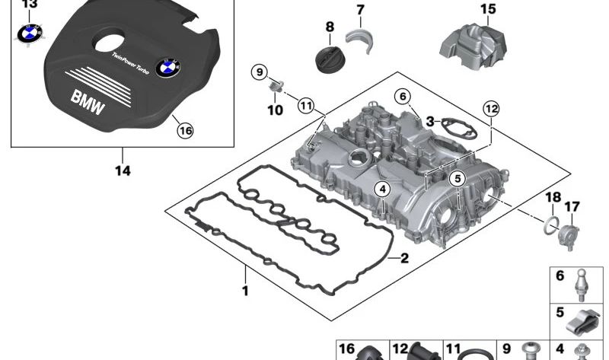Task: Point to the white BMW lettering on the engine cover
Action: [89, 102]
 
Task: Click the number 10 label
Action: [275, 110]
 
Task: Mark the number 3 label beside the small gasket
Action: [430, 121]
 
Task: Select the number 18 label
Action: [553, 199]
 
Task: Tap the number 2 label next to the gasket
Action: [404, 258]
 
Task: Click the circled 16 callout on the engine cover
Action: [185, 130]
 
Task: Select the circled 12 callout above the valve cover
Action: [490, 110]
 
